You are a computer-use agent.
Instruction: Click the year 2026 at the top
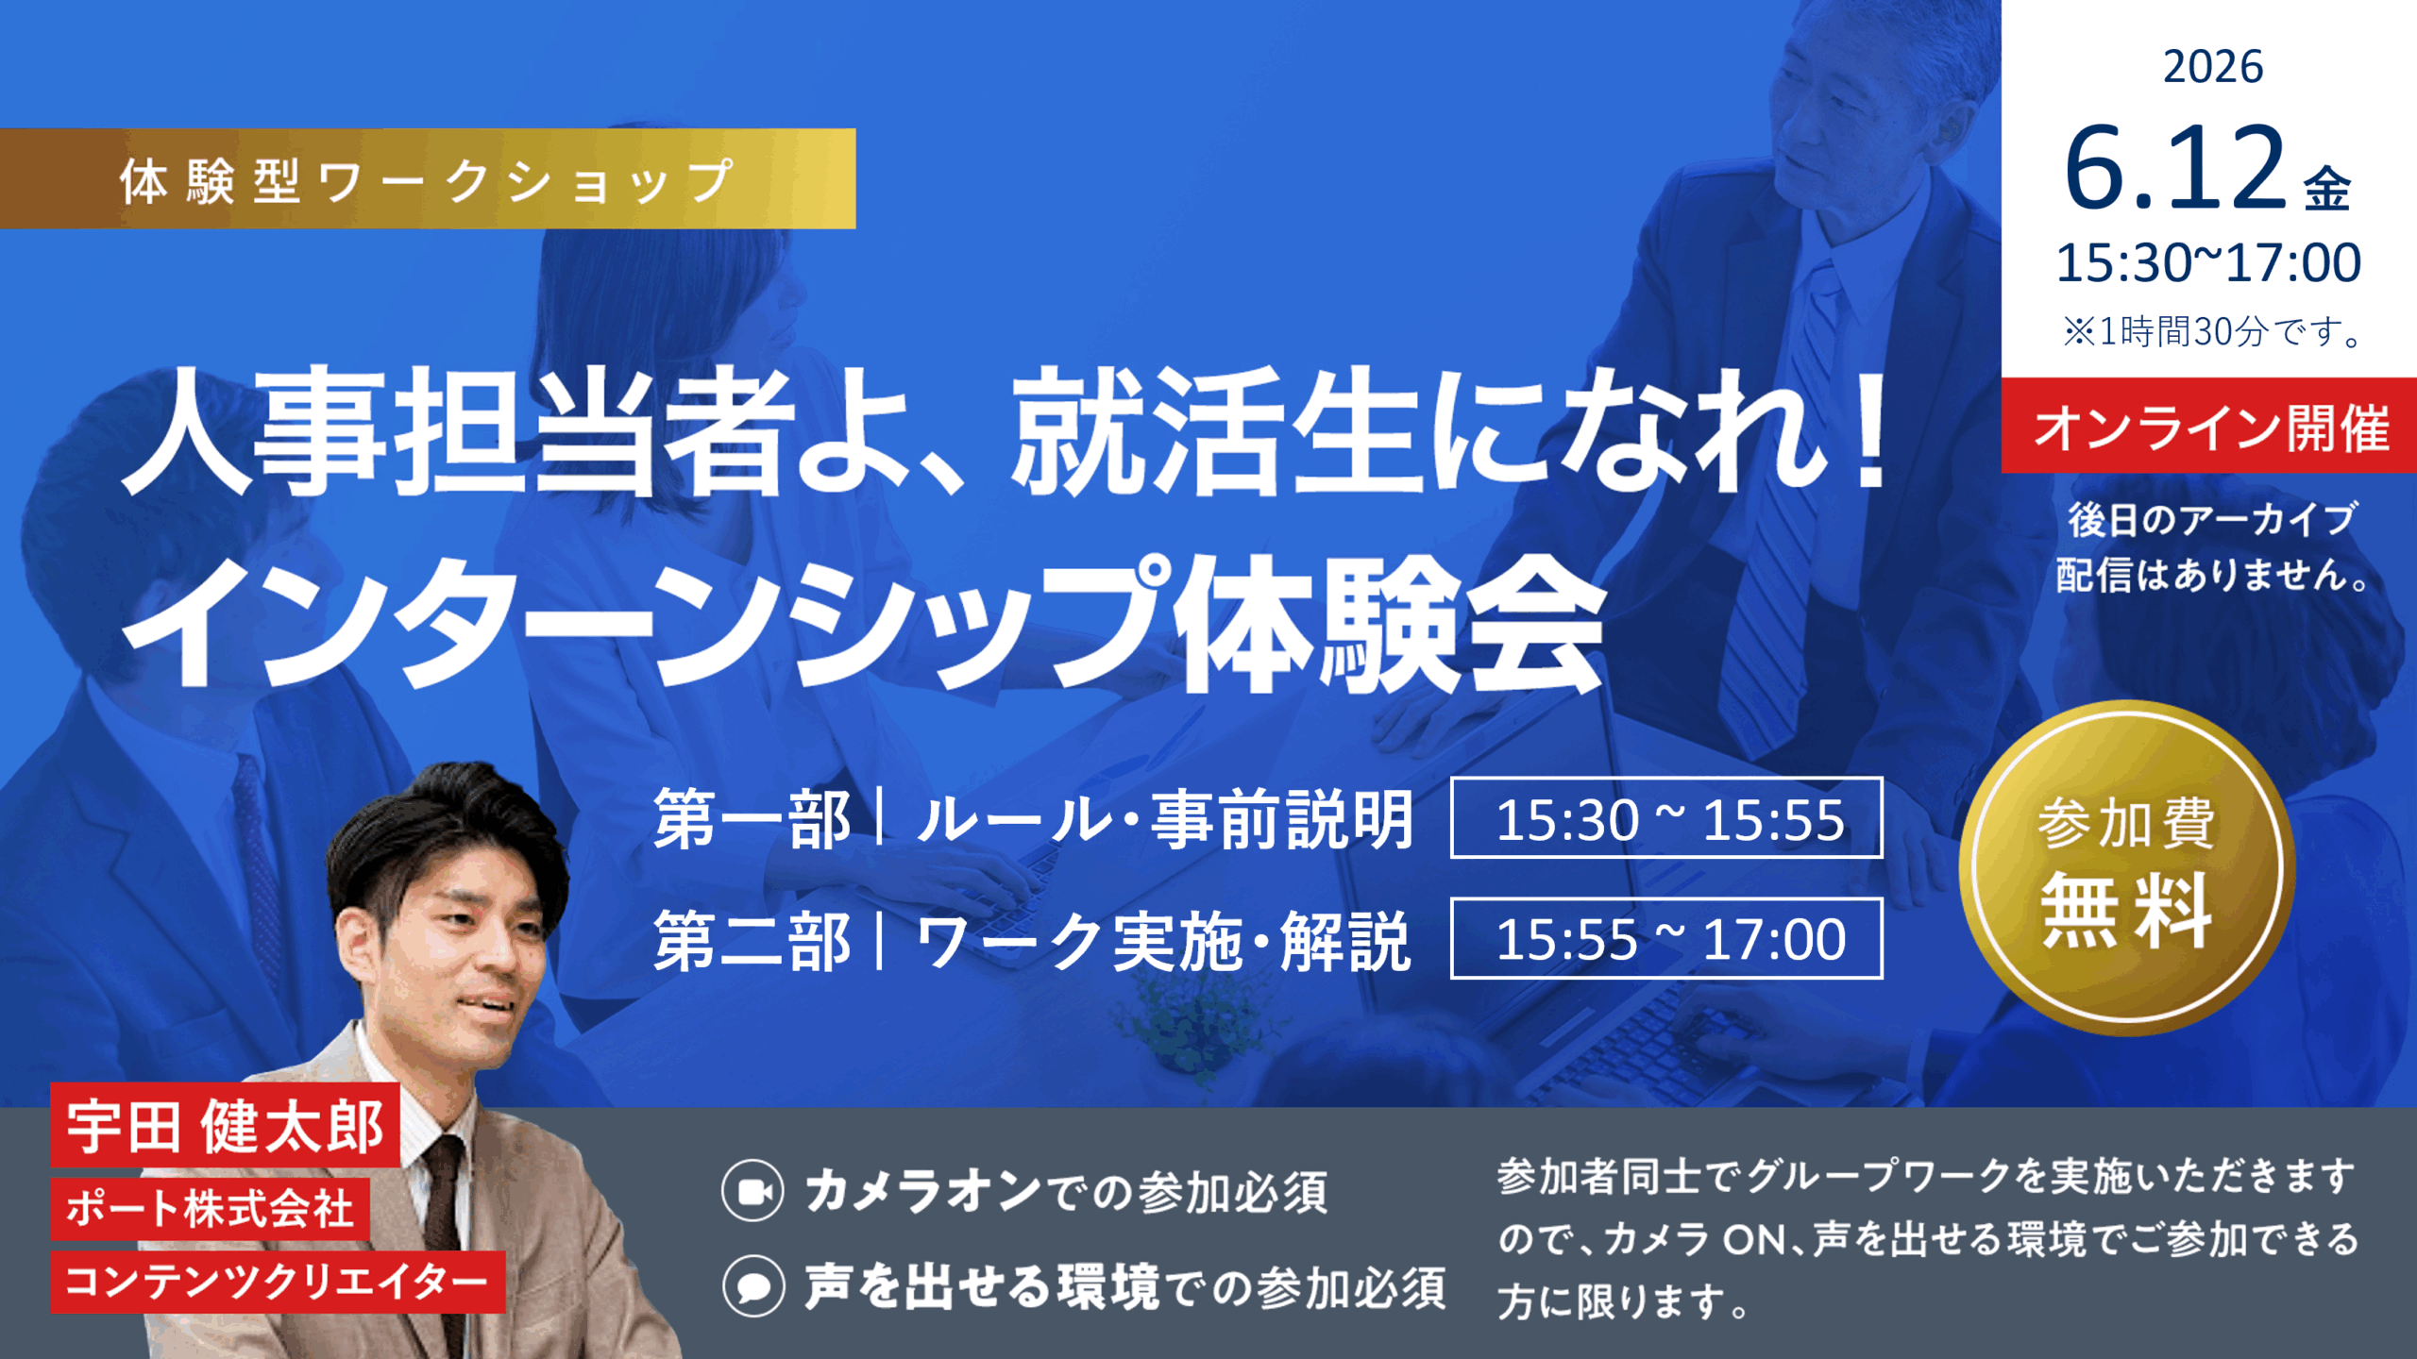tap(2212, 67)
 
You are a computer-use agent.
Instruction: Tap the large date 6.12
tap(2174, 168)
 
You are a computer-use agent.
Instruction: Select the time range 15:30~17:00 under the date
tap(2208, 262)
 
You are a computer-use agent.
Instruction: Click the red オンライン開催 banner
tap(2209, 426)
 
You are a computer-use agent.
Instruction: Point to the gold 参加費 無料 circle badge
tap(2126, 868)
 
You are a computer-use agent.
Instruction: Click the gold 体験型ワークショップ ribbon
tap(428, 178)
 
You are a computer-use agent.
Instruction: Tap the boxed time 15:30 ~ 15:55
tap(1667, 818)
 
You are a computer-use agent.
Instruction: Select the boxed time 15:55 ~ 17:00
tap(1667, 939)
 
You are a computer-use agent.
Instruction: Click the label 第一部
tap(752, 819)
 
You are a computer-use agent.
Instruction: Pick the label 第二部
tap(752, 941)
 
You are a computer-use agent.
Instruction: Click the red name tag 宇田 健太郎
tap(226, 1125)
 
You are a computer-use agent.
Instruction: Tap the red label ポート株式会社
tap(210, 1208)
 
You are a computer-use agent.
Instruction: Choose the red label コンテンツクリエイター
tap(278, 1282)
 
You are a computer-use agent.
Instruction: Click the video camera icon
tap(752, 1191)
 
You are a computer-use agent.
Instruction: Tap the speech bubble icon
tap(753, 1286)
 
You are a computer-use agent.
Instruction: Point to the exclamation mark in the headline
tap(1869, 429)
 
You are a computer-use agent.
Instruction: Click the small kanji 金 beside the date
tap(2327, 189)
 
